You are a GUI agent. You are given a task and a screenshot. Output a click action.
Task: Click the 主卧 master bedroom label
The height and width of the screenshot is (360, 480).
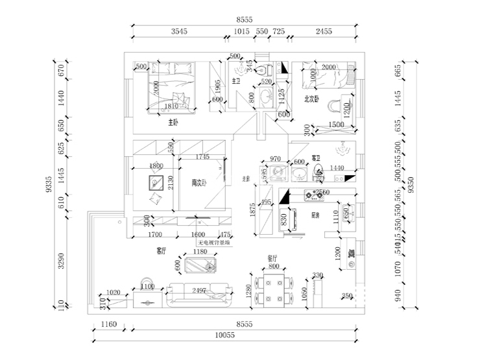173,122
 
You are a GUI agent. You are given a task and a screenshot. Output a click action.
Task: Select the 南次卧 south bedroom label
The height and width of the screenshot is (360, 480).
198,183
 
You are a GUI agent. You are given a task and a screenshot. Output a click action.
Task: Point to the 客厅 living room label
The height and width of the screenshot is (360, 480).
162,250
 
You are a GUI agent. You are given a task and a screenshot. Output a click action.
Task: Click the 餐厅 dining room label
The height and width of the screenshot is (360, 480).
272,258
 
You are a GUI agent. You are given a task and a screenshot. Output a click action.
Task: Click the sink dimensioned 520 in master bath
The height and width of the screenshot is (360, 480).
265,98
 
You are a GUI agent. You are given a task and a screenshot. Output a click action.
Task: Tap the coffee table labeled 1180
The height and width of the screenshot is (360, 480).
200,265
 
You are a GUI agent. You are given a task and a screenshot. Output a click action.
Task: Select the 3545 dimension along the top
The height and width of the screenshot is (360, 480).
179,30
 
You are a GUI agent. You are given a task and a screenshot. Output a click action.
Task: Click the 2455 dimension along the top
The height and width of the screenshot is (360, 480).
324,30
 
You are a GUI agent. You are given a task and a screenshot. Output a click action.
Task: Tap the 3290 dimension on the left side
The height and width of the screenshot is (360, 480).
61,261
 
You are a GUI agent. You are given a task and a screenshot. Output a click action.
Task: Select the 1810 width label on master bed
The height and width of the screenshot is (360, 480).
171,106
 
